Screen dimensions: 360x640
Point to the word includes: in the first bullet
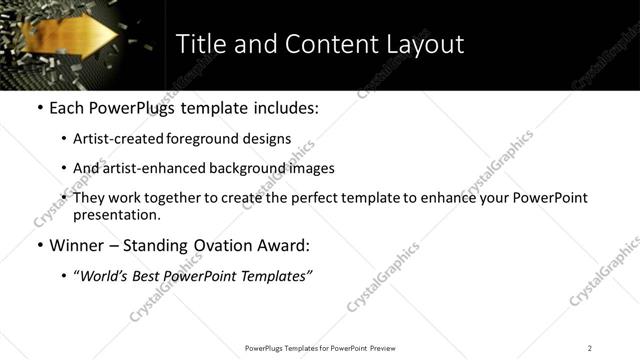(283, 107)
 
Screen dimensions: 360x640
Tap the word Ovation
(215, 246)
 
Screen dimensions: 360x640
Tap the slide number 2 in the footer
(590, 348)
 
